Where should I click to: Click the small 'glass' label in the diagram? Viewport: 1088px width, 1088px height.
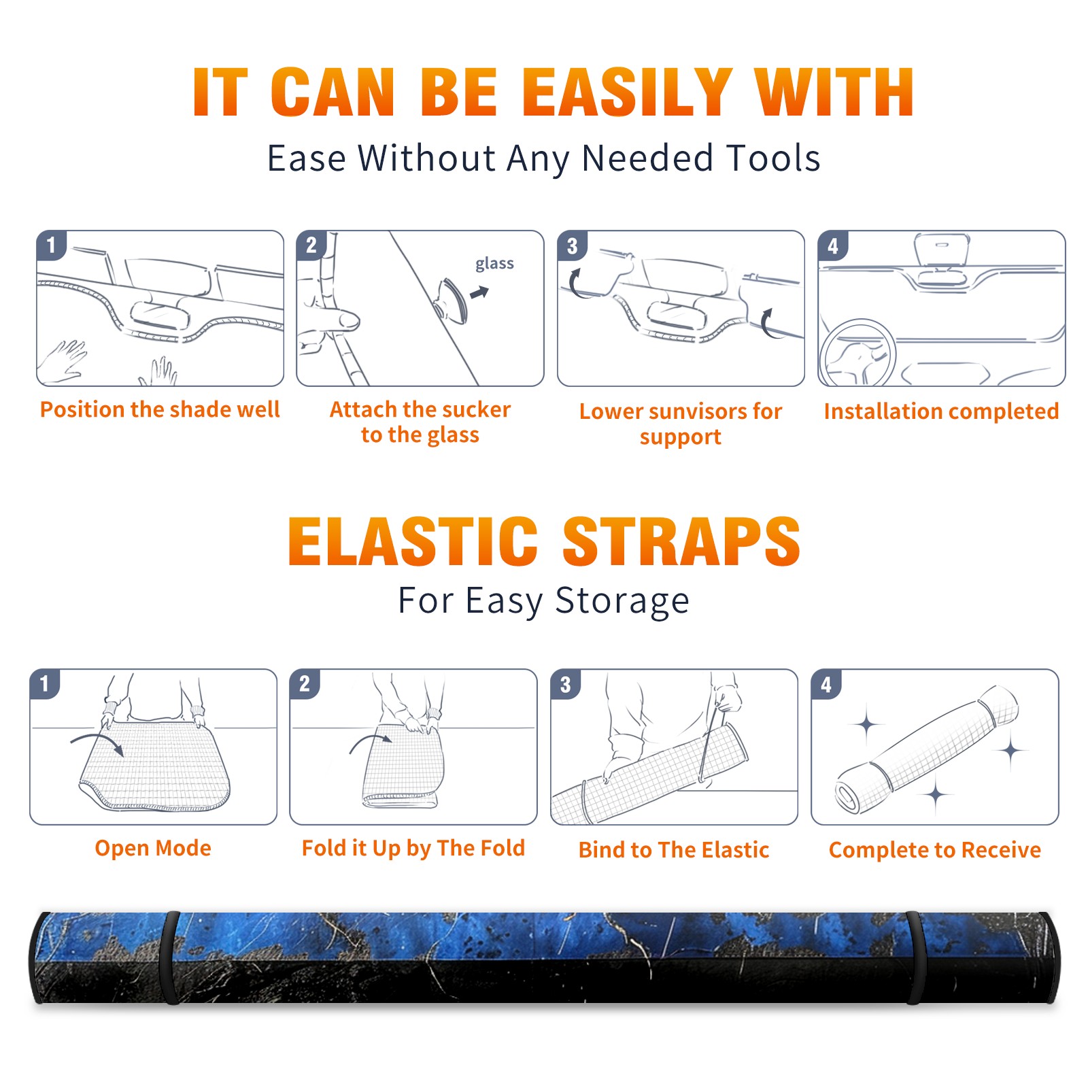pos(494,264)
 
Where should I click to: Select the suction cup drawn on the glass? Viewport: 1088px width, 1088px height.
pos(451,300)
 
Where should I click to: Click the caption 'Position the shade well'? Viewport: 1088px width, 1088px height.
pos(160,409)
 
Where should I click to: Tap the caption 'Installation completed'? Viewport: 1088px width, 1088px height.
pos(941,411)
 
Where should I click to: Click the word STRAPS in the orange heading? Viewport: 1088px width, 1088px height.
pos(681,542)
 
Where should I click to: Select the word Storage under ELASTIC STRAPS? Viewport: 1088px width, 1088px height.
pos(622,602)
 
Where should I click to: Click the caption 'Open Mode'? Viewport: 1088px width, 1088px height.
pos(153,848)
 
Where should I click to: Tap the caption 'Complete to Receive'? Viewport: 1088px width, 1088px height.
pos(935,850)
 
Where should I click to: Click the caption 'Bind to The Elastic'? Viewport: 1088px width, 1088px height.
pos(674,850)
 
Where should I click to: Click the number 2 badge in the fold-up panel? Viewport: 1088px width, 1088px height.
pos(305,683)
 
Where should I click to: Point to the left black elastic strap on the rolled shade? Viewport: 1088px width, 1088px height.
pos(170,958)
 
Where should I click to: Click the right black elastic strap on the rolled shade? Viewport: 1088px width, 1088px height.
pos(915,958)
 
